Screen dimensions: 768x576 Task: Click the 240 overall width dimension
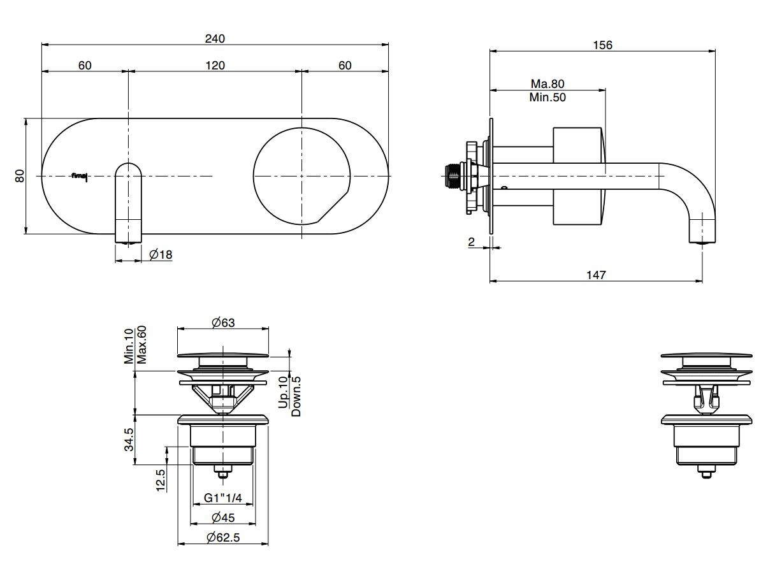pos(215,38)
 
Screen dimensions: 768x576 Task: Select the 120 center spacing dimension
pos(215,66)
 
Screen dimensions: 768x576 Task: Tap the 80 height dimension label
pos(20,176)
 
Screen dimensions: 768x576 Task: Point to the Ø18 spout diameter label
pos(161,254)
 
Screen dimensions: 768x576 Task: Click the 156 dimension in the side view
pos(602,45)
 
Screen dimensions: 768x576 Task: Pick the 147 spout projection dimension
pos(596,275)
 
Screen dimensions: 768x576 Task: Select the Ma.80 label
pos(547,83)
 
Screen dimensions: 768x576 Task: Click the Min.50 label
pos(547,97)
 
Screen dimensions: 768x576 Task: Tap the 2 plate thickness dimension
pos(471,241)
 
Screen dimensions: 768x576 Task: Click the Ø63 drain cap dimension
pos(223,322)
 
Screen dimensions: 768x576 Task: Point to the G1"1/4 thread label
pos(223,498)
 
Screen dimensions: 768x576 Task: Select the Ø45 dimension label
pos(223,517)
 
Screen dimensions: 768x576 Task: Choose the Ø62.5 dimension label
pos(223,537)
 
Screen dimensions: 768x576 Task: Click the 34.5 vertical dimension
pos(129,440)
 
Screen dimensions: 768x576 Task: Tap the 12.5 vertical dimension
pos(160,480)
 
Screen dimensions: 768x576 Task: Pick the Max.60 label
pos(141,345)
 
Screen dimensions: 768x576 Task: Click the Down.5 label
pos(296,396)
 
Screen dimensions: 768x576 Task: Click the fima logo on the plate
pos(80,176)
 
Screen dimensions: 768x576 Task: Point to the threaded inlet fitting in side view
pos(454,176)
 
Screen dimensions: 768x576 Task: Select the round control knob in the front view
pos(301,176)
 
